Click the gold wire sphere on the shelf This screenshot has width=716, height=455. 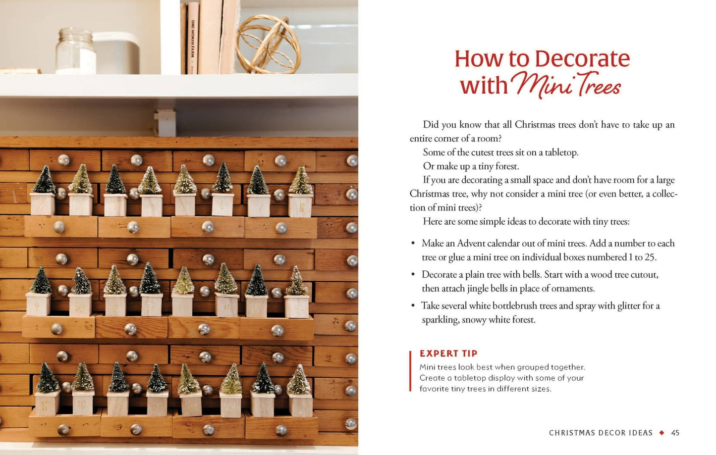point(268,45)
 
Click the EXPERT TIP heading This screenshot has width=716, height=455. point(448,354)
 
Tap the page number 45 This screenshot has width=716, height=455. point(675,433)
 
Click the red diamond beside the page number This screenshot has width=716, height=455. point(661,433)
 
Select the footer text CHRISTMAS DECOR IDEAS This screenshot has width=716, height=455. point(601,433)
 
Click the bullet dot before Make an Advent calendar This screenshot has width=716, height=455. point(413,244)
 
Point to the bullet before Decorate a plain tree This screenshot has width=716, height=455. point(413,275)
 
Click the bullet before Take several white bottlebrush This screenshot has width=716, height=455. point(413,306)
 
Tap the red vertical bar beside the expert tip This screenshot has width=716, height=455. point(411,371)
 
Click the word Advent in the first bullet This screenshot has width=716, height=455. point(471,243)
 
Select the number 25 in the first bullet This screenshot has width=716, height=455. point(650,257)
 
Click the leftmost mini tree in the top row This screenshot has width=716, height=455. point(44,180)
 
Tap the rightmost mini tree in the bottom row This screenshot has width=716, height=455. point(299,380)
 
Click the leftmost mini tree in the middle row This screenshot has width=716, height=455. point(41,280)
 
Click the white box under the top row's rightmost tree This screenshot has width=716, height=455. point(300,205)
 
